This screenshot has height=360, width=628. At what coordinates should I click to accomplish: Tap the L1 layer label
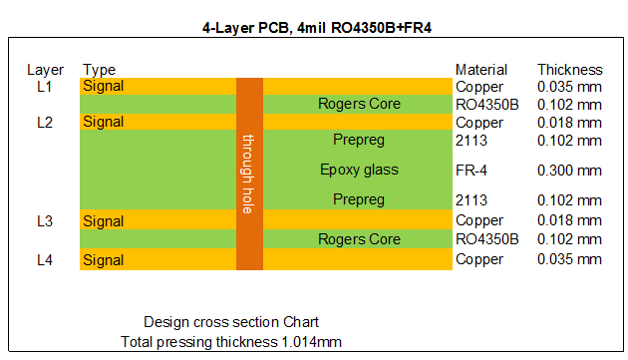pos(44,87)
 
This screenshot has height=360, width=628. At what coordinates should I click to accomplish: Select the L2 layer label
pos(44,122)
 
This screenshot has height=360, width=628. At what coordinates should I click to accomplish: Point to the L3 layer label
pos(44,220)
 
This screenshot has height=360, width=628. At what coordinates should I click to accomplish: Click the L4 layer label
pos(44,259)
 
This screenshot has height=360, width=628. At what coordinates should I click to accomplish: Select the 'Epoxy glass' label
pos(359,170)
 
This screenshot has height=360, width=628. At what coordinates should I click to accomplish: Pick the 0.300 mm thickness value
pos(569,171)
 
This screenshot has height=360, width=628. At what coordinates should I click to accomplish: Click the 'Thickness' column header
pos(569,70)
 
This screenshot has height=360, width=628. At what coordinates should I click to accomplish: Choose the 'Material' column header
pos(481,70)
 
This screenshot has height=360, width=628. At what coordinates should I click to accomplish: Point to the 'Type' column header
pos(100,70)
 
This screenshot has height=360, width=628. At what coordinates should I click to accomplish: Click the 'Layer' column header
pos(46,70)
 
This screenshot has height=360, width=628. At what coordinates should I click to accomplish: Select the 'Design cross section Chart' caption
pos(231,322)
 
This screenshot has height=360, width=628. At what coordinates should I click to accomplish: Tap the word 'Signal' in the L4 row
pos(104,259)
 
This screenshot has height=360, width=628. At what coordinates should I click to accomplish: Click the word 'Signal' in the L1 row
pos(104,87)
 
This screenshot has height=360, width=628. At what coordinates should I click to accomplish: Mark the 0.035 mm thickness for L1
pos(569,87)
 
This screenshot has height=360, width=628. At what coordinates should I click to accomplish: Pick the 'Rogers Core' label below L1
pos(359,104)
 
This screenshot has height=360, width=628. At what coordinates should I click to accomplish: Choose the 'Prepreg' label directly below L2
pos(359,140)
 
